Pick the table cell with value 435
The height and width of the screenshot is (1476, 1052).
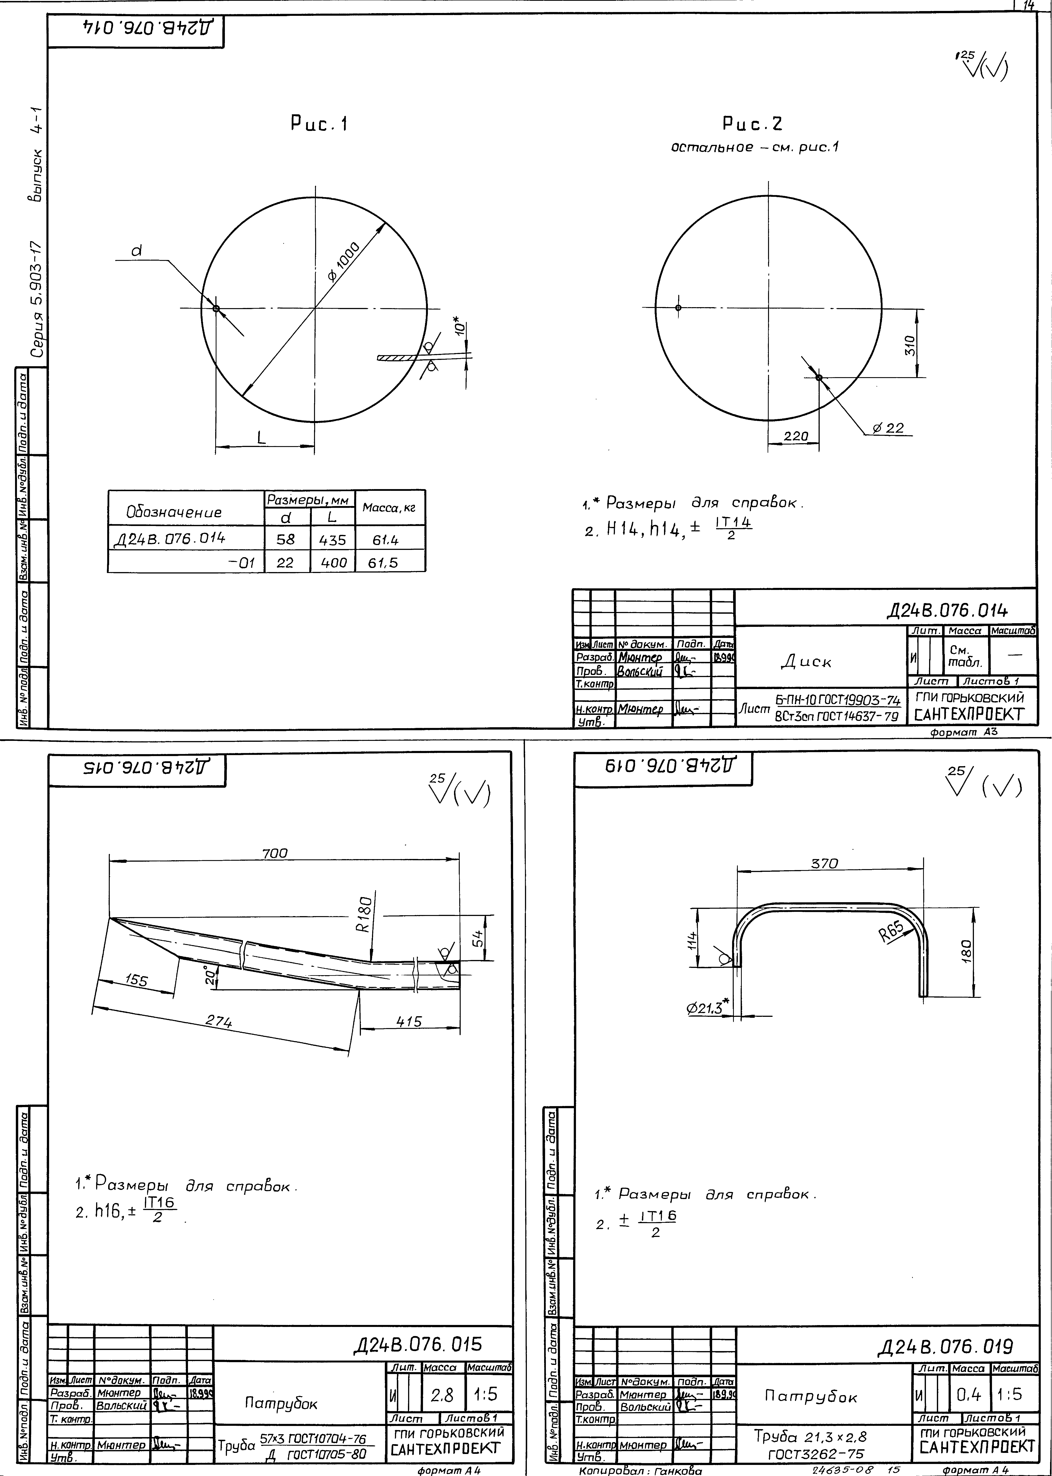pos(333,539)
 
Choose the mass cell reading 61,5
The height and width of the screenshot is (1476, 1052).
pos(383,563)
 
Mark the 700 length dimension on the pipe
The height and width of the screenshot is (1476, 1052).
pos(275,854)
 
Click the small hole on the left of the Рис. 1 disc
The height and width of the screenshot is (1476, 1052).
pos(216,308)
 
